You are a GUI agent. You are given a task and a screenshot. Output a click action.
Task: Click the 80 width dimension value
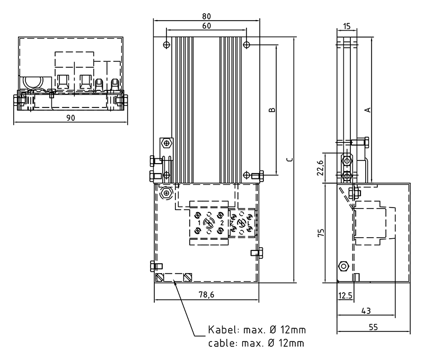click(x=206, y=16)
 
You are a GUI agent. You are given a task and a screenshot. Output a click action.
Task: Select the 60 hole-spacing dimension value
click(x=206, y=26)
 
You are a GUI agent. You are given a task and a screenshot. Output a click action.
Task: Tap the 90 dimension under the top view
click(x=70, y=118)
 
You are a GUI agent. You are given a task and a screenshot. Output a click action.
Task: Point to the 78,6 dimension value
click(x=206, y=295)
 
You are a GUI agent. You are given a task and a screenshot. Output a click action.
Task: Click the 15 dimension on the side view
click(x=347, y=26)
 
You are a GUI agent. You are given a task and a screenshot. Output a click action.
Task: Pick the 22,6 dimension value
click(x=320, y=168)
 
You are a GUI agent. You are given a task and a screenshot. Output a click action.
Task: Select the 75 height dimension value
click(x=321, y=233)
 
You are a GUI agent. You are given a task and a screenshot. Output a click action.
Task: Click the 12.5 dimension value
click(x=346, y=296)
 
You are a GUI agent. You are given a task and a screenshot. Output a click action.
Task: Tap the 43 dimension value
click(x=366, y=311)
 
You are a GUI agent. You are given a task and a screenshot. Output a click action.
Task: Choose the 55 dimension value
click(x=373, y=327)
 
